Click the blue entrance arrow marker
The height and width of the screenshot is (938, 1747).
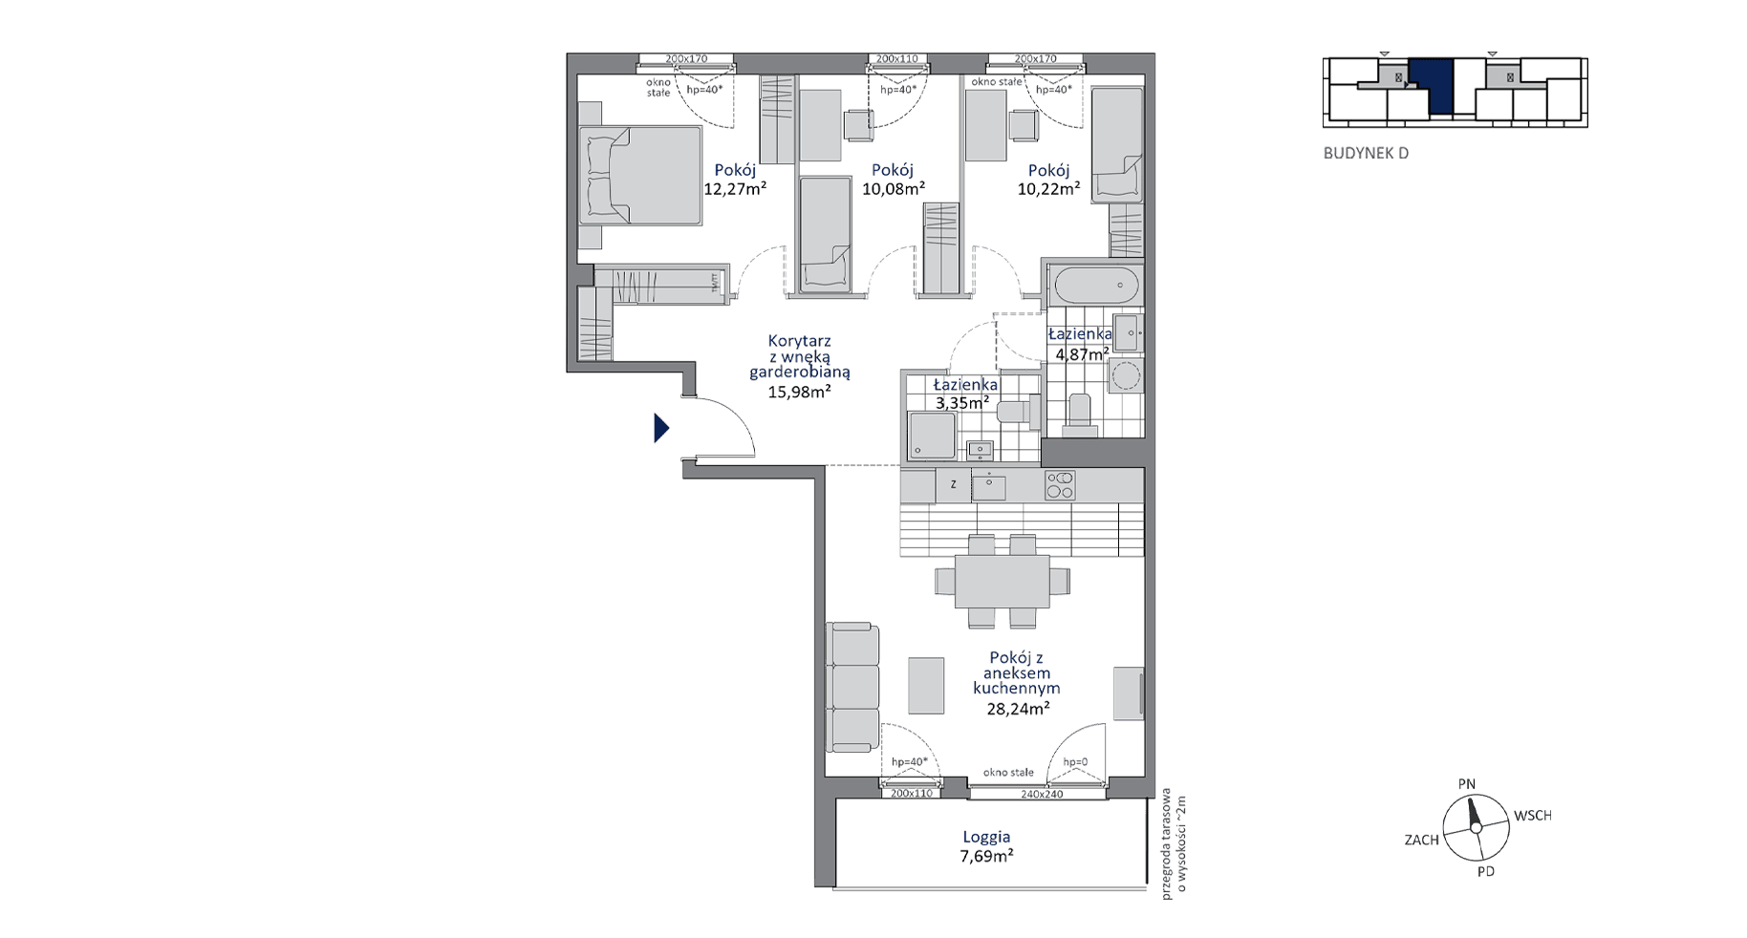tap(660, 428)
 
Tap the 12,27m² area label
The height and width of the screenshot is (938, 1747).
tap(735, 189)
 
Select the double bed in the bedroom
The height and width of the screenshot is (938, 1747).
tap(640, 177)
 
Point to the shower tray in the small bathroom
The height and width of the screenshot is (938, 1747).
tap(932, 436)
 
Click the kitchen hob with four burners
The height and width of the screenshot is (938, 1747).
tap(1060, 485)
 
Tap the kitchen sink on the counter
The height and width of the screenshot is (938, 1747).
tap(989, 487)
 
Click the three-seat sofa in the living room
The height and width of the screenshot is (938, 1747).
tap(852, 688)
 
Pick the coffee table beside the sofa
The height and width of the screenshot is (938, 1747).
tap(926, 685)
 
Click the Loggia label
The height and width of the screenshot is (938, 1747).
tap(986, 837)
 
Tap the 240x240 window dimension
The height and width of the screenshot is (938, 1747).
tap(1041, 793)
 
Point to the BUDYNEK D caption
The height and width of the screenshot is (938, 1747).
tap(1366, 153)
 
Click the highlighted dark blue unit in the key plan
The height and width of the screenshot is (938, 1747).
tap(1432, 86)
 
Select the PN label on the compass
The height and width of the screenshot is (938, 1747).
tap(1466, 784)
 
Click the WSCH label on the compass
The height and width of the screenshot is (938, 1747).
tap(1532, 816)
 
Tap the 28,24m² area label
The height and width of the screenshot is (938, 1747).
tap(1018, 708)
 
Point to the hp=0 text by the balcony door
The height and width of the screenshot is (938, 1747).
tap(1075, 762)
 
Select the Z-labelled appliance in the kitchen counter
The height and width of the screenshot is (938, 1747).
tap(954, 485)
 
